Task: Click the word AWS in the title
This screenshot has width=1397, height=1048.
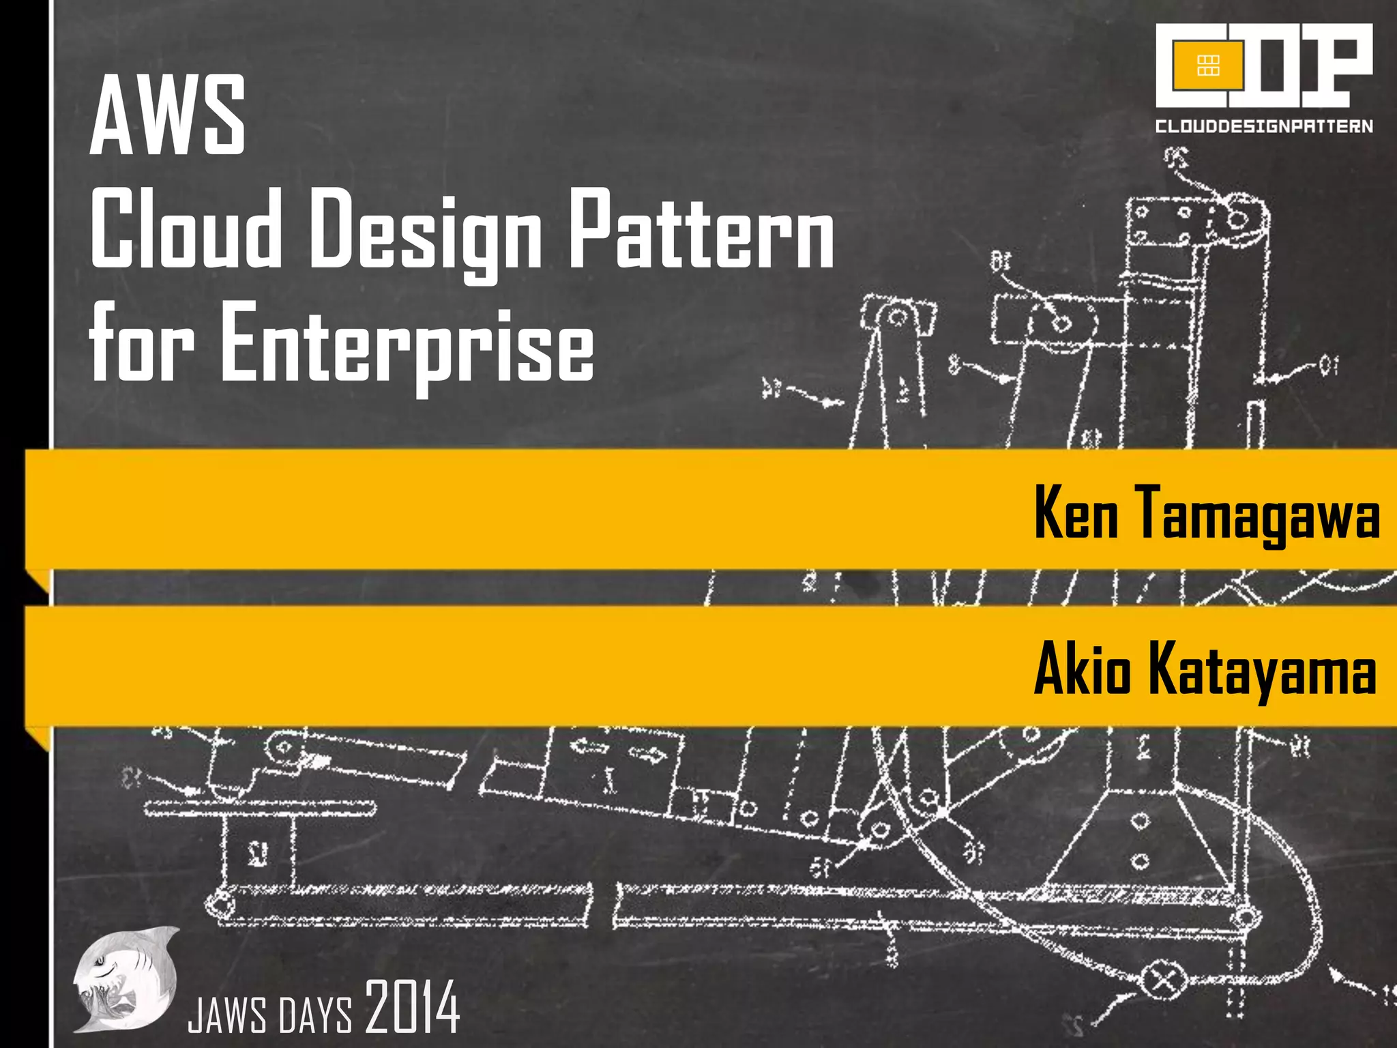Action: click(167, 115)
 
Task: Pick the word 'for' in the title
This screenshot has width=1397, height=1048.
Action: click(141, 345)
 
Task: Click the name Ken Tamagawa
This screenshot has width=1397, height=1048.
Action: click(1206, 513)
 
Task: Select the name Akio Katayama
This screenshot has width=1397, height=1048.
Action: click(1205, 670)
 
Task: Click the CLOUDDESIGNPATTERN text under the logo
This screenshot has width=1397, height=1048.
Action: click(1263, 126)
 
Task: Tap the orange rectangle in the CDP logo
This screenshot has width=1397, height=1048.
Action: click(1208, 65)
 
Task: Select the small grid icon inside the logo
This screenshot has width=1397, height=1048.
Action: click(1208, 65)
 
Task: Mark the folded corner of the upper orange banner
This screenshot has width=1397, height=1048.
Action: click(39, 581)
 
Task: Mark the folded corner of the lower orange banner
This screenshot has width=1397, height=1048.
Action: click(39, 738)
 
